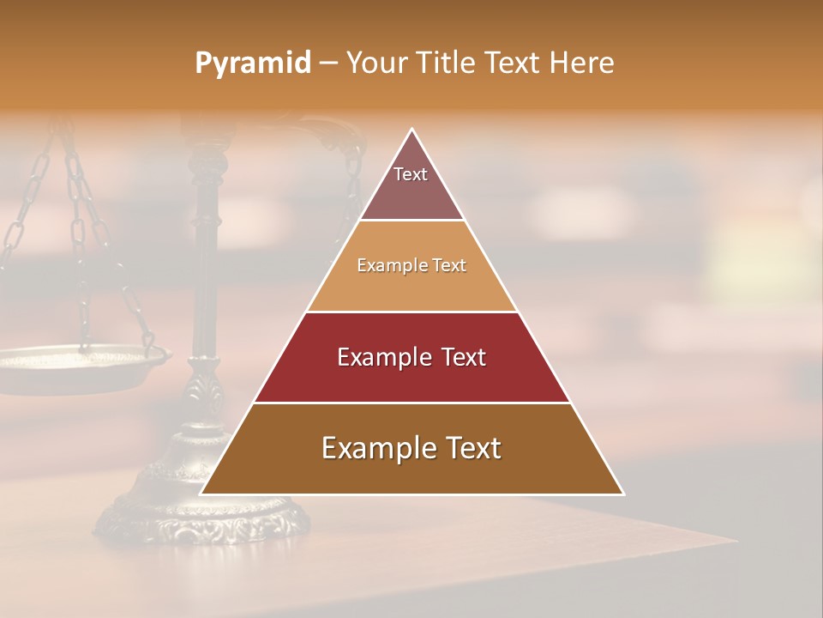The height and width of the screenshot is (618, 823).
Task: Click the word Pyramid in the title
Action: point(252,64)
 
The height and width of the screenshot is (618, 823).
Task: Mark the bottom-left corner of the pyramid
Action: point(201,494)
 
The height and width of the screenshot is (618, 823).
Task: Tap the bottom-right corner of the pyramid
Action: point(622,494)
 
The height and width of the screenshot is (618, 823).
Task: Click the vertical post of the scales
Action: point(206,257)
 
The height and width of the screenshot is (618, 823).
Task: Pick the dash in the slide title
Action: point(328,64)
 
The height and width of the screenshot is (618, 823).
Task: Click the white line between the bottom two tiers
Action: point(411,403)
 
